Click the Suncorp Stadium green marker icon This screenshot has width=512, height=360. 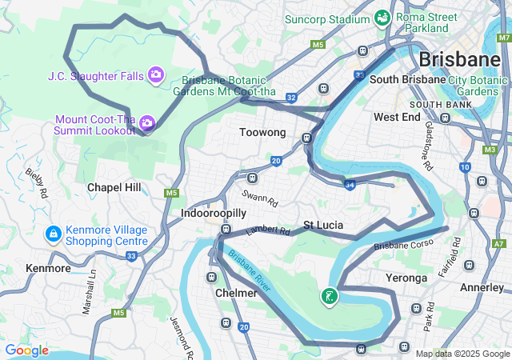click(x=382, y=17)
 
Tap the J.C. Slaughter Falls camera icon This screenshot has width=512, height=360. click(x=156, y=75)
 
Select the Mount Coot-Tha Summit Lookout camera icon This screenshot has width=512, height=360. click(x=146, y=122)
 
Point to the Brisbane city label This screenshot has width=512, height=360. click(x=459, y=59)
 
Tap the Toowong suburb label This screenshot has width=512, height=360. click(x=262, y=132)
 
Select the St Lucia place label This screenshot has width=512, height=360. click(x=323, y=225)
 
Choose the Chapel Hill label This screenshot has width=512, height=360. click(x=114, y=187)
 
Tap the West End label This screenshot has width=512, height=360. click(x=397, y=117)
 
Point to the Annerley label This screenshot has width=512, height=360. click(x=482, y=286)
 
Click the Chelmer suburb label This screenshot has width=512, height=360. click(x=236, y=293)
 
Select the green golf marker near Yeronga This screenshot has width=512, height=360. click(x=329, y=297)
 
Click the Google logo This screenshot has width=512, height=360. click(x=26, y=350)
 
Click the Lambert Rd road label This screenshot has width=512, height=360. click(x=267, y=230)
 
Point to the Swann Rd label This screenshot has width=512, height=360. click(x=261, y=198)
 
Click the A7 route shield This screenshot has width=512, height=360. click(x=499, y=243)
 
